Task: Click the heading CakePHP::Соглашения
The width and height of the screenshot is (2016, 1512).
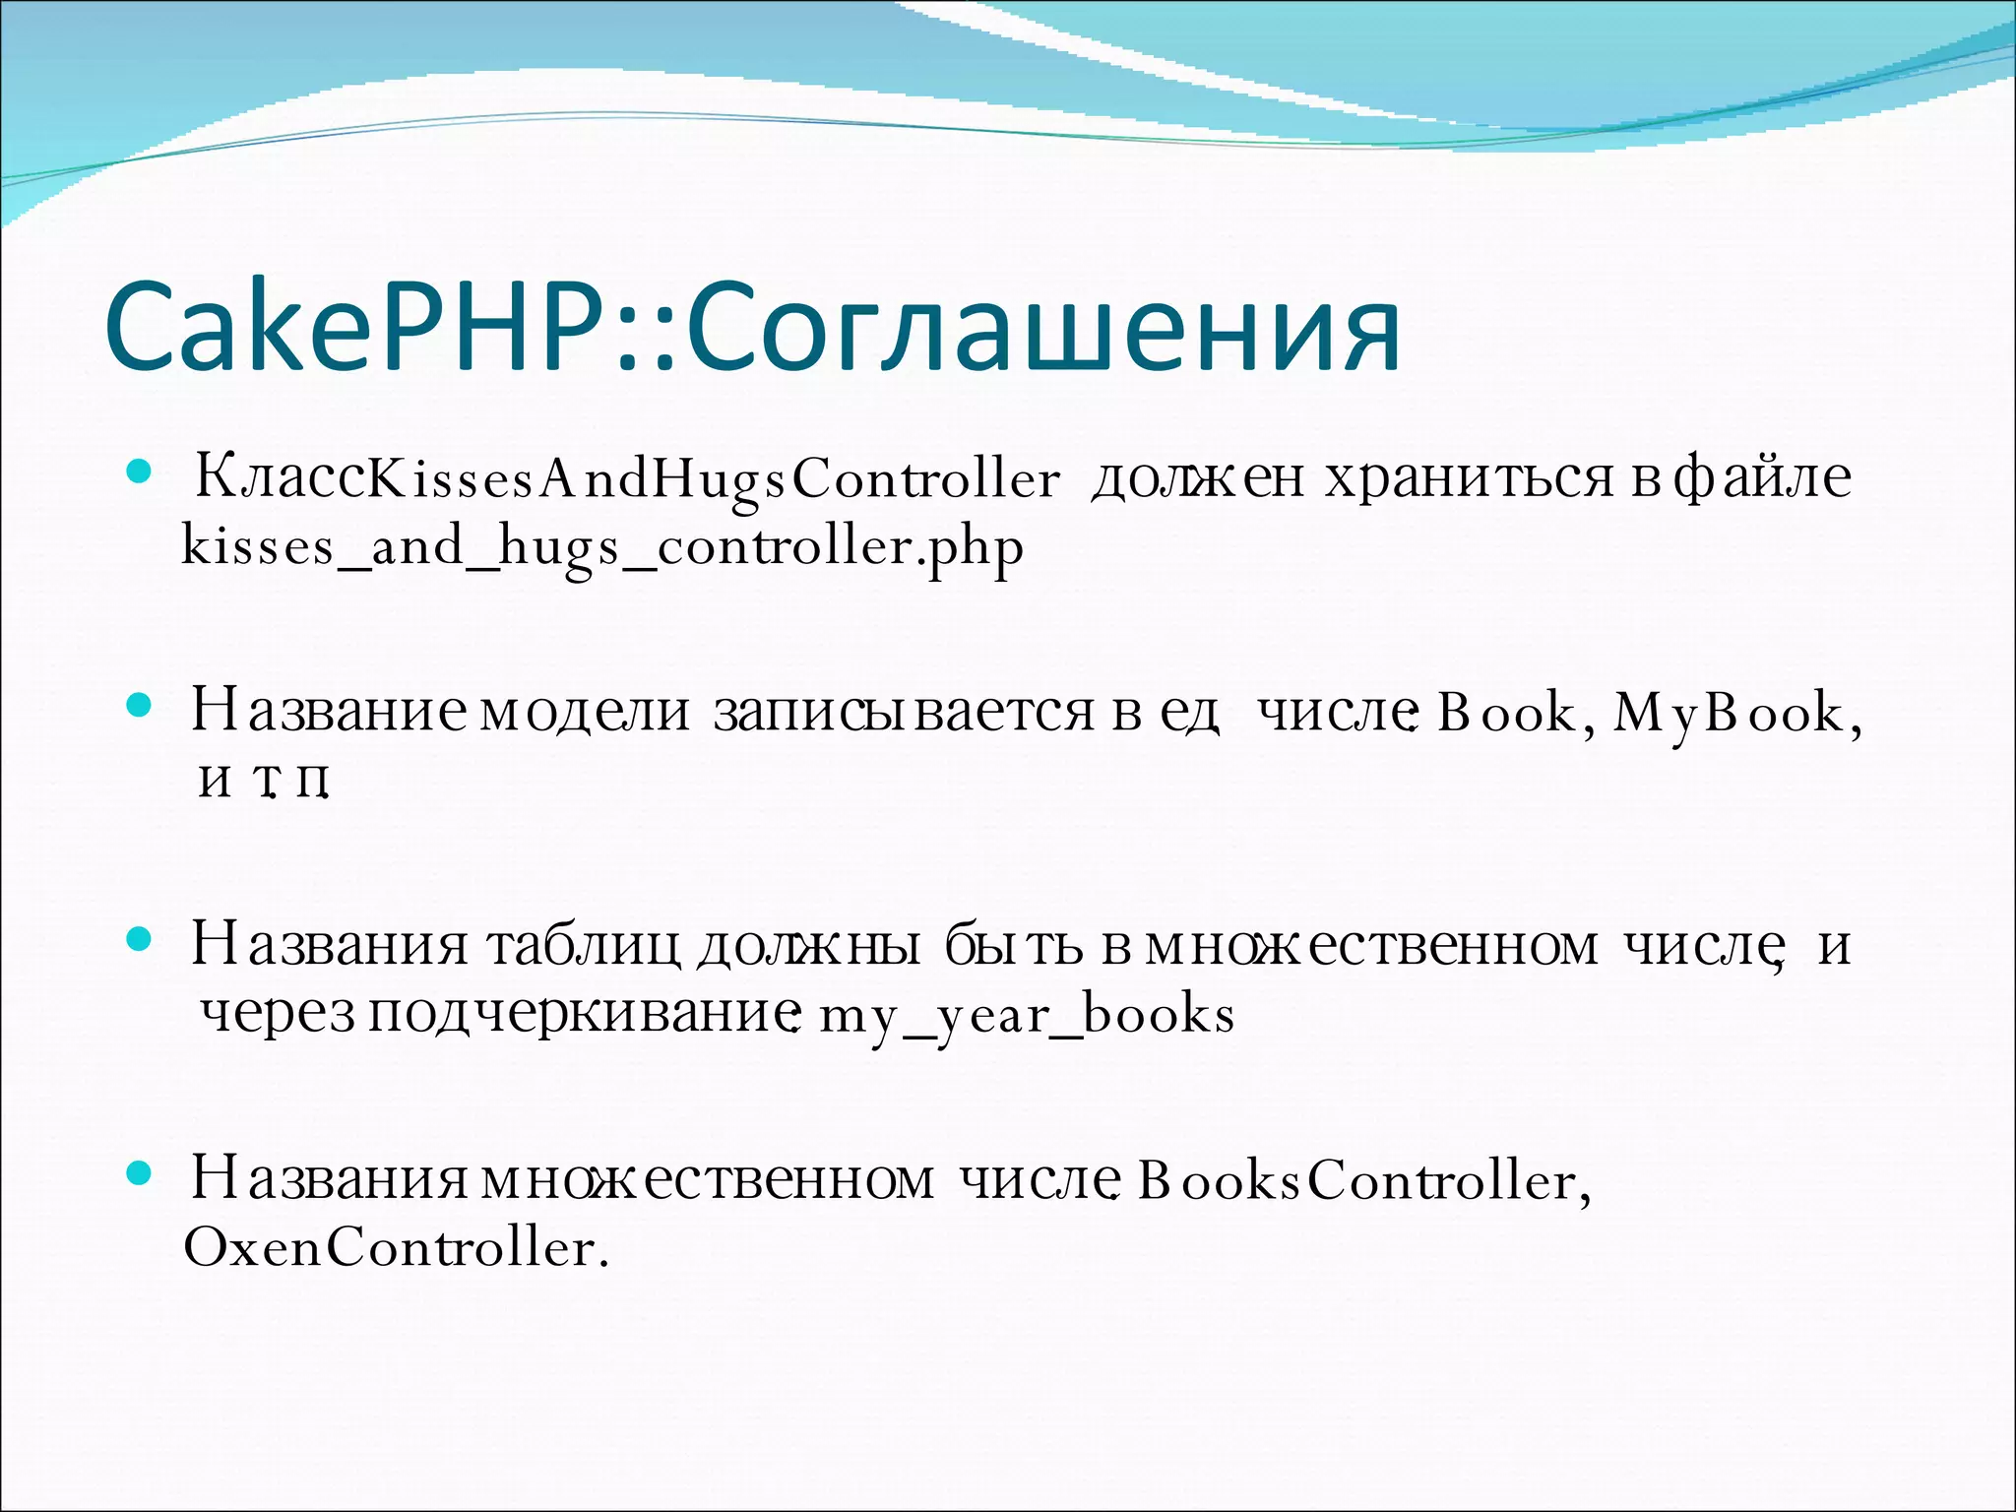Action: (753, 327)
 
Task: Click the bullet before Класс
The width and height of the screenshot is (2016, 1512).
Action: (139, 473)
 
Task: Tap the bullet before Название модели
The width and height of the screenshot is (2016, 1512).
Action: (139, 706)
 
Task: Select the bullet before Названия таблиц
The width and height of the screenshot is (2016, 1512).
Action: (139, 940)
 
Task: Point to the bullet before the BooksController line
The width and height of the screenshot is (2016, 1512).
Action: (139, 1173)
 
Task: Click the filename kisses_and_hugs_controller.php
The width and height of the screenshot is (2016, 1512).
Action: (602, 547)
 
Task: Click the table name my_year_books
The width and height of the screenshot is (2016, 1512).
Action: (1027, 1015)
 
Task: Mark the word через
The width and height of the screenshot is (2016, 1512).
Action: (277, 1015)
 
